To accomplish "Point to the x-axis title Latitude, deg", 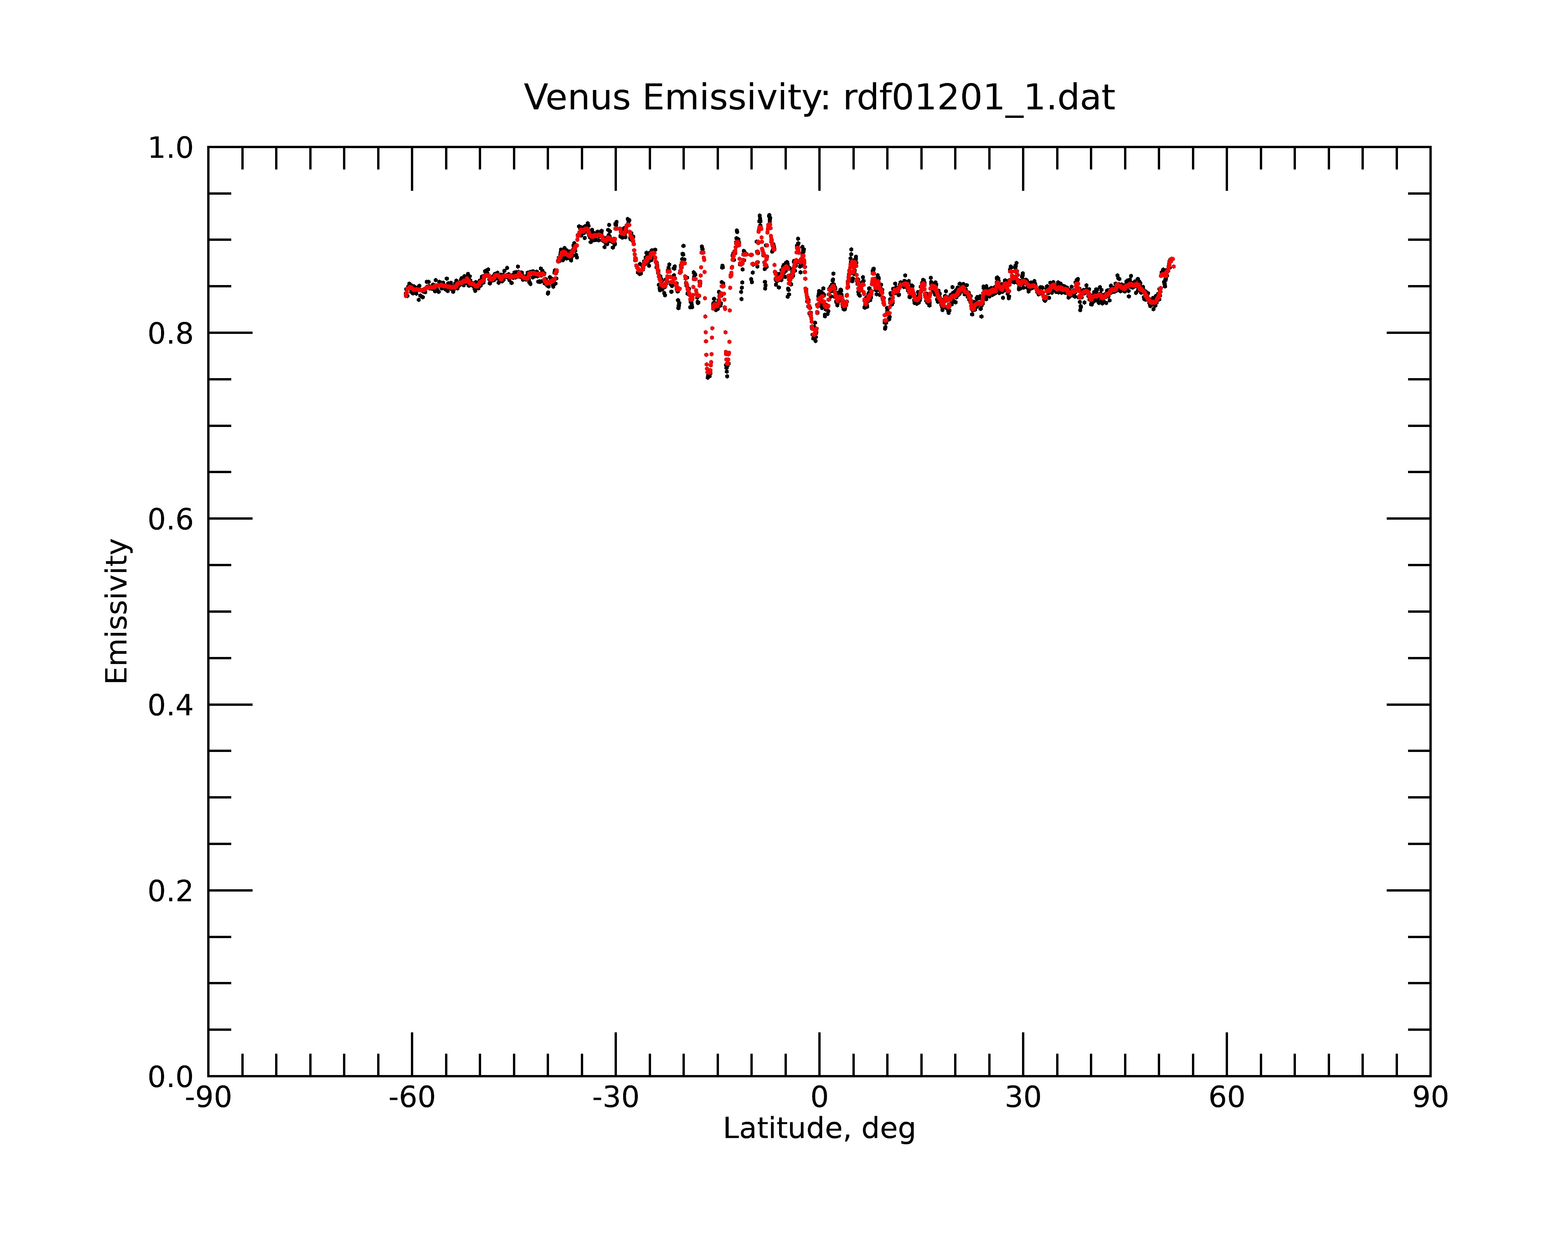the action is point(819,1129).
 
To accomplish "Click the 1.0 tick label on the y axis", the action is point(171,148).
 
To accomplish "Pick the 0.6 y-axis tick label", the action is point(171,519).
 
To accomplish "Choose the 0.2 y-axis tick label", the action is point(171,891).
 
